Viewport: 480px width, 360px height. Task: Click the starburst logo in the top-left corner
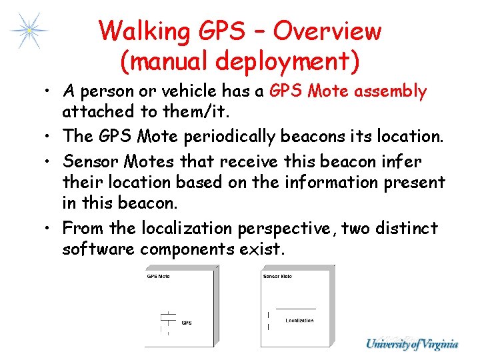tap(29, 30)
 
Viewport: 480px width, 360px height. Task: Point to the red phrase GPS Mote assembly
tap(348, 91)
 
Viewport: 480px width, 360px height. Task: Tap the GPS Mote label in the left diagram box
tap(159, 276)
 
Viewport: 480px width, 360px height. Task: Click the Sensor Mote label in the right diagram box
tap(277, 276)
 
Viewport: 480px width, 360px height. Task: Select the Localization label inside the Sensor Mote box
tap(299, 321)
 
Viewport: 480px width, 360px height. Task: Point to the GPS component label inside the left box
tap(187, 323)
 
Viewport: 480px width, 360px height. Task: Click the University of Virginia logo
tap(411, 344)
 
